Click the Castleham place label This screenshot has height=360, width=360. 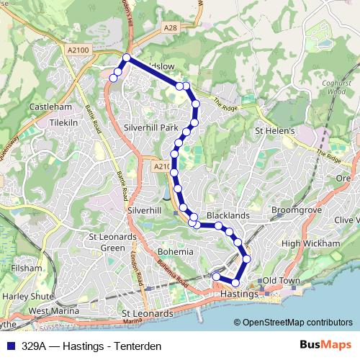pyautogui.click(x=50, y=107)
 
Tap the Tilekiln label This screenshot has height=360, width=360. pyautogui.click(x=63, y=122)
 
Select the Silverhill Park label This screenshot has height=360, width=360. pyautogui.click(x=150, y=127)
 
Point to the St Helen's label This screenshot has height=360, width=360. pyautogui.click(x=276, y=131)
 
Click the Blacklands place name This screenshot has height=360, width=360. pyautogui.click(x=228, y=215)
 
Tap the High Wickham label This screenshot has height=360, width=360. pyautogui.click(x=310, y=243)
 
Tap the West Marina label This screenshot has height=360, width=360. pyautogui.click(x=54, y=310)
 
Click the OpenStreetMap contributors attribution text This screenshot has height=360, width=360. pyautogui.click(x=297, y=323)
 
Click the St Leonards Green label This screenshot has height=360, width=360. pyautogui.click(x=112, y=242)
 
